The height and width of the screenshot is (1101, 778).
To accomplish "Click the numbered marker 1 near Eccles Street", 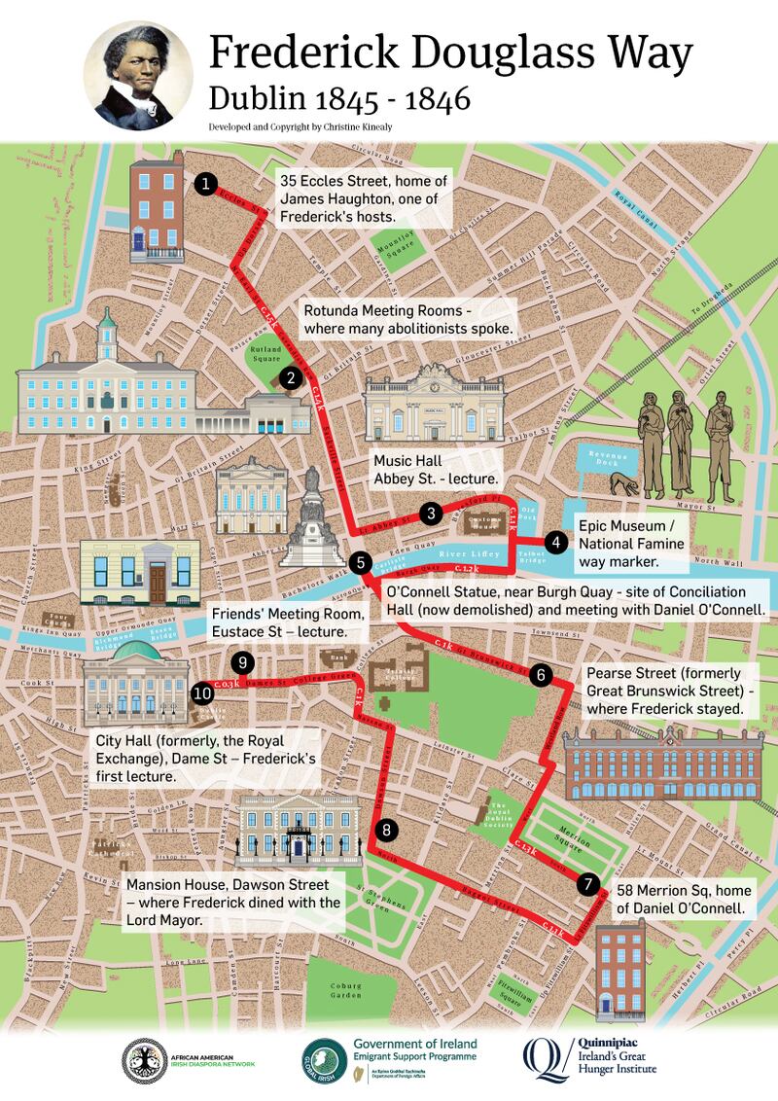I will [x=204, y=183].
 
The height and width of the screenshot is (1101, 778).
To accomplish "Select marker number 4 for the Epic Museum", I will [x=555, y=543].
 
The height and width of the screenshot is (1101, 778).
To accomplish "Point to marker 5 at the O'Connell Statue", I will [x=360, y=561].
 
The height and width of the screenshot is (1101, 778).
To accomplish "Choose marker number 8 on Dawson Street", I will [x=387, y=830].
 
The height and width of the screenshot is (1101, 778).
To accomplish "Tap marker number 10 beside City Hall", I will [x=202, y=693].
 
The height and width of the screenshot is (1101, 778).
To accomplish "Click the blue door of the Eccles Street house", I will [x=139, y=238].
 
